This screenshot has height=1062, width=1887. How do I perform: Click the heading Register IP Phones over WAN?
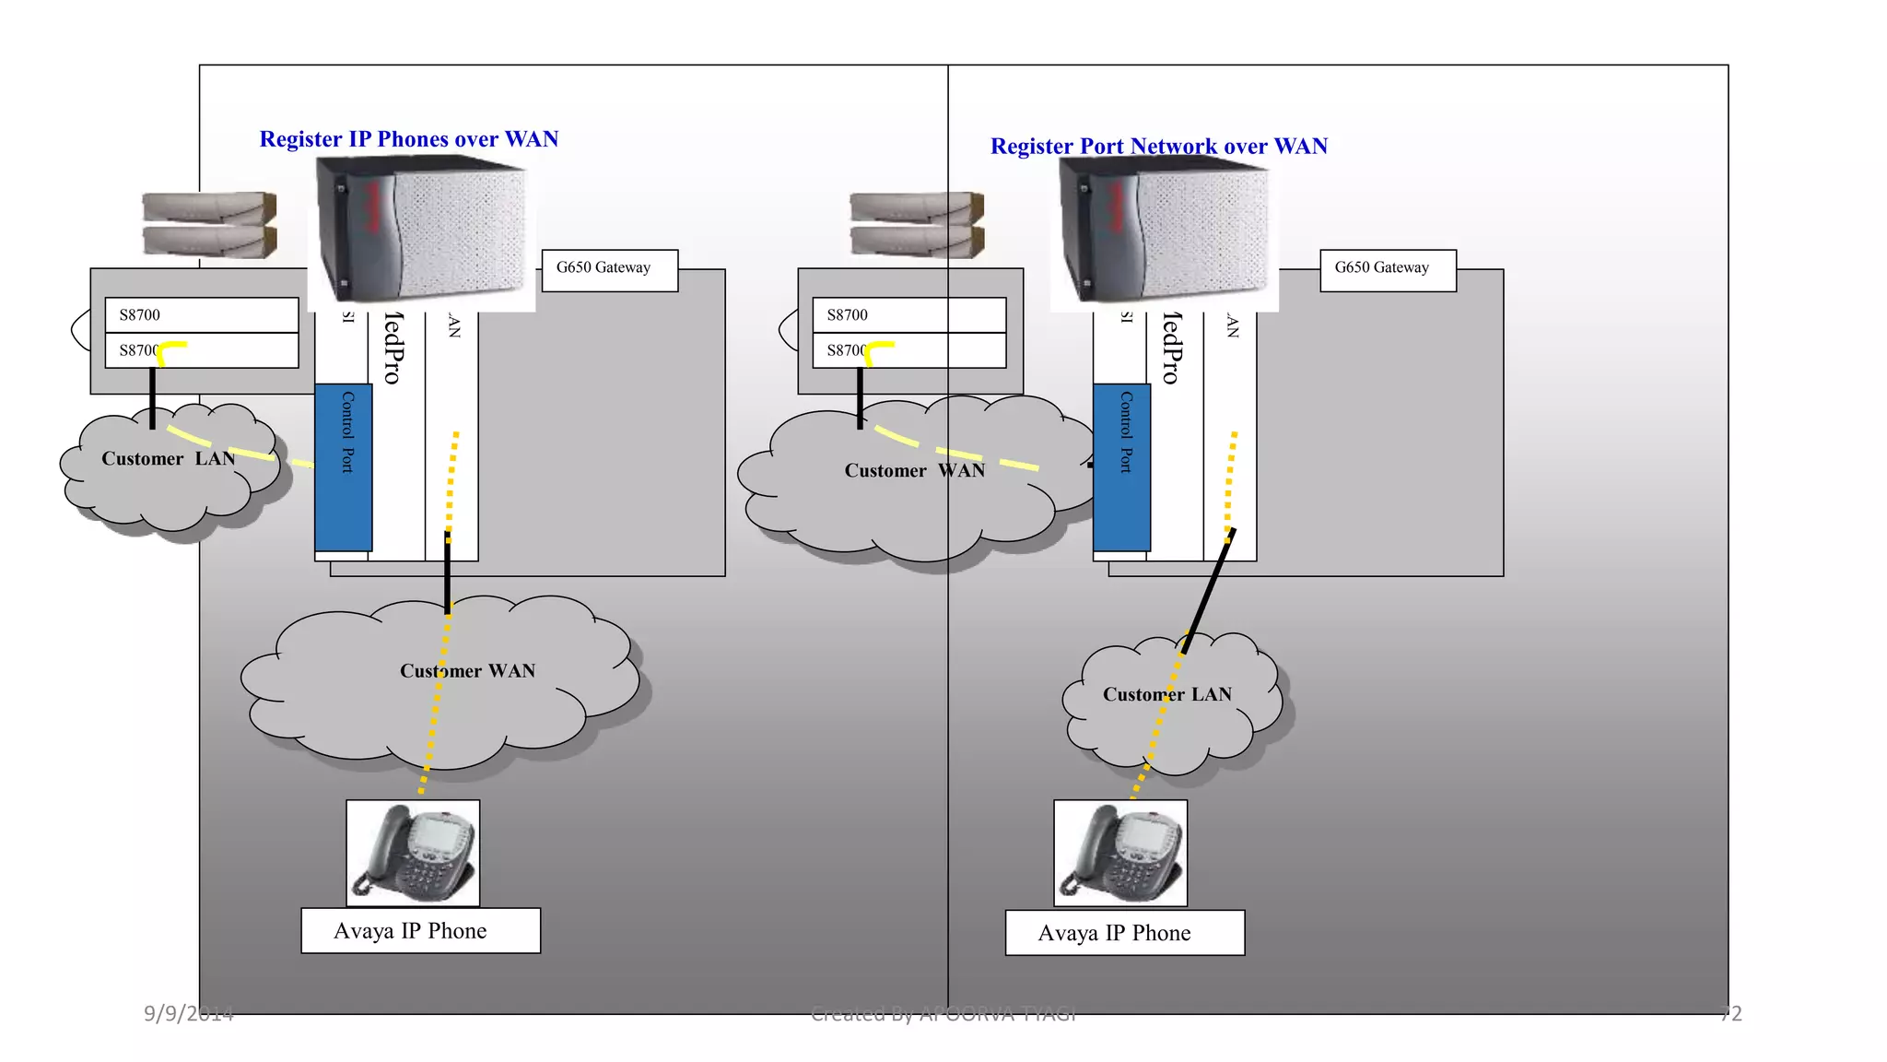click(x=408, y=139)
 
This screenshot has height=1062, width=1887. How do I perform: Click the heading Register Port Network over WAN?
click(x=1158, y=147)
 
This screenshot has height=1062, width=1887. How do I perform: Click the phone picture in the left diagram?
click(x=413, y=853)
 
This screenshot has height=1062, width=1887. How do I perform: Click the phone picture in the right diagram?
click(x=1120, y=853)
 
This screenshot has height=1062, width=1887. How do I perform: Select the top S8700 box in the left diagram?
click(x=202, y=314)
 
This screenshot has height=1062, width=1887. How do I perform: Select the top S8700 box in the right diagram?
click(x=908, y=314)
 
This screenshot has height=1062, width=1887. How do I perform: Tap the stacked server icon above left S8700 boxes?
click(x=209, y=224)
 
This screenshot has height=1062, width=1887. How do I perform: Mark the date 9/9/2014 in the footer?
click(x=189, y=1014)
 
